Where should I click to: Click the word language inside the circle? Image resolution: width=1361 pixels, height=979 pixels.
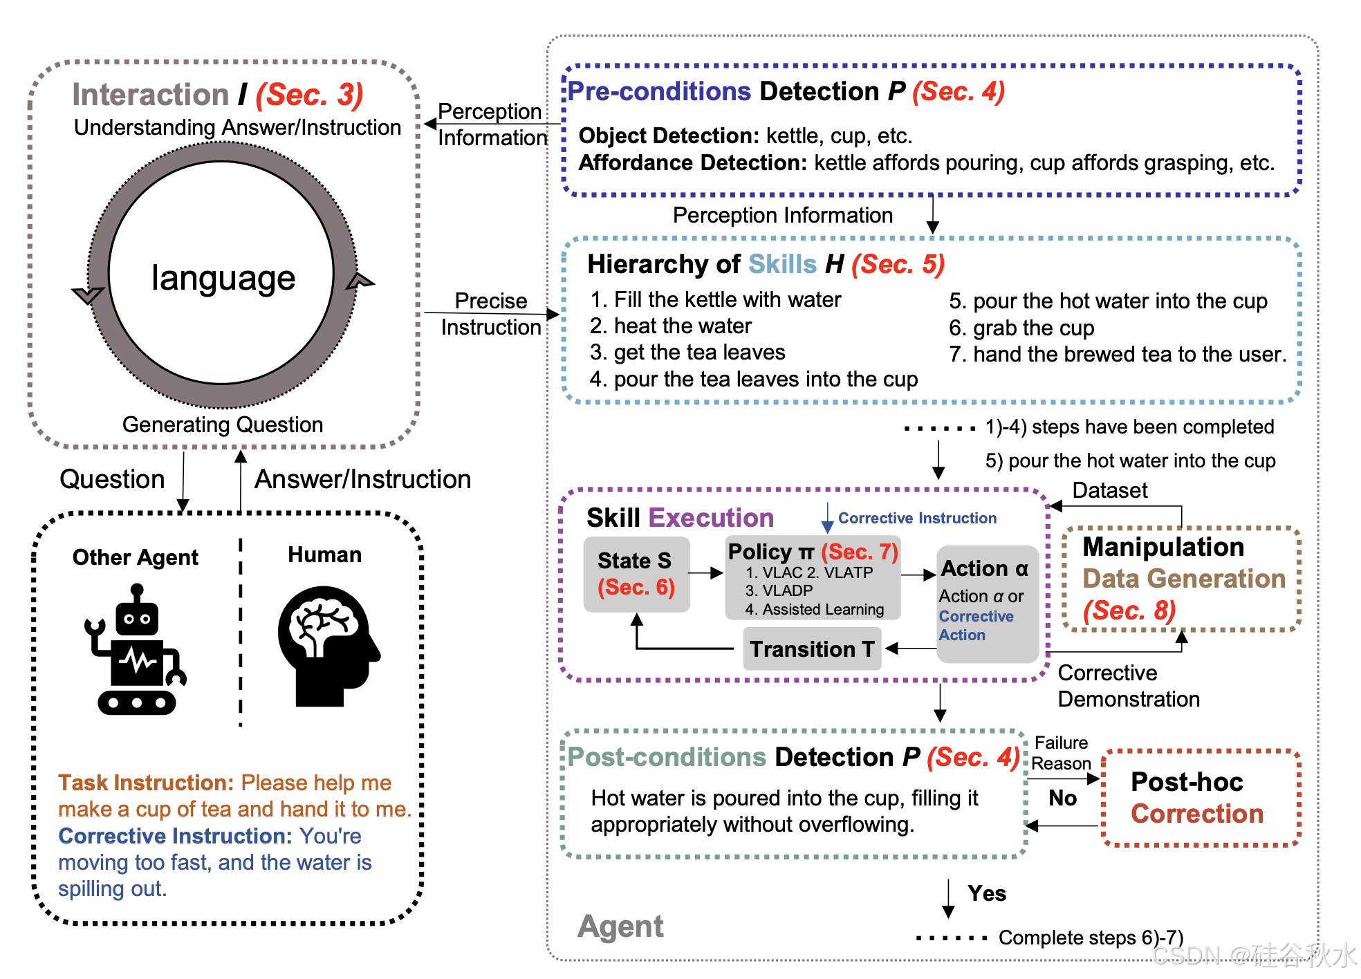[x=223, y=278]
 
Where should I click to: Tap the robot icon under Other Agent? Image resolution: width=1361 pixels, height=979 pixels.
[x=136, y=650]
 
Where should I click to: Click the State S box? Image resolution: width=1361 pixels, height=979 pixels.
[x=636, y=574]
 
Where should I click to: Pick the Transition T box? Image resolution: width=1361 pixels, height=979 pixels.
[x=812, y=649]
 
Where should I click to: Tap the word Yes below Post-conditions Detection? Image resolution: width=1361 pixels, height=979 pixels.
[x=987, y=893]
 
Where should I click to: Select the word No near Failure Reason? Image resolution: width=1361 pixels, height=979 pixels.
[x=1062, y=798]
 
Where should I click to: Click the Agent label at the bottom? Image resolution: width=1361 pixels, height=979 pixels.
[x=620, y=926]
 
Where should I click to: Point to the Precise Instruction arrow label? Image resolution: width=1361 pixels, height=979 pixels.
[x=491, y=314]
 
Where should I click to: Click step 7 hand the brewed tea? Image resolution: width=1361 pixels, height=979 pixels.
[x=1118, y=354]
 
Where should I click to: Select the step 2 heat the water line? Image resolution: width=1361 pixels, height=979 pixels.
[x=670, y=326]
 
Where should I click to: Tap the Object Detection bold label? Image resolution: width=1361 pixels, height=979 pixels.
[x=668, y=136]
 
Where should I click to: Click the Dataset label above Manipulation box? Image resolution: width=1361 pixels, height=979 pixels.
[x=1109, y=490]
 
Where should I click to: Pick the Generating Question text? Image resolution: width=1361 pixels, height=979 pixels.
[x=223, y=425]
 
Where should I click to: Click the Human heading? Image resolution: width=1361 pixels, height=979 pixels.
[x=324, y=554]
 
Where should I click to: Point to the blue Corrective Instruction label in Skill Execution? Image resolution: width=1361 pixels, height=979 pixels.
[x=917, y=518]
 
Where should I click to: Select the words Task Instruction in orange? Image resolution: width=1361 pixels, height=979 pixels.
[x=146, y=783]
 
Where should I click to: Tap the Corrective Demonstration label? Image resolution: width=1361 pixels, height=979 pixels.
[x=1128, y=686]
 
